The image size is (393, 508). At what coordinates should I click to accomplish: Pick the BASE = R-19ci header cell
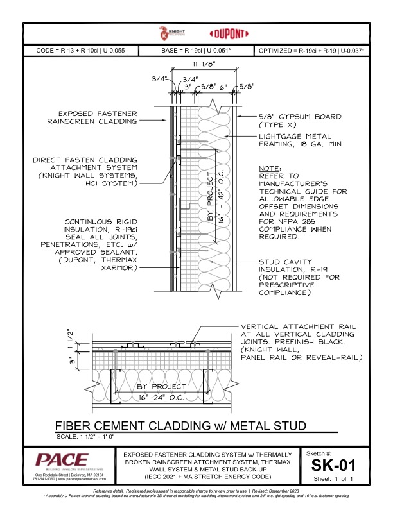pyautogui.click(x=197, y=50)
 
